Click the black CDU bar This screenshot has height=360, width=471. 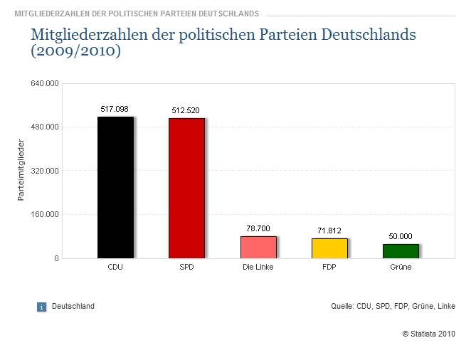click(x=115, y=187)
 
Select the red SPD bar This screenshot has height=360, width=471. click(x=186, y=188)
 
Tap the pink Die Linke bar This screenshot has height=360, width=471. click(x=258, y=247)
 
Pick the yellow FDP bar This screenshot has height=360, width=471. click(x=329, y=248)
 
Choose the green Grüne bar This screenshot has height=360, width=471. click(x=401, y=251)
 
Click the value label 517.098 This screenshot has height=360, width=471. click(x=115, y=109)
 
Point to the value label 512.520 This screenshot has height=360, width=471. click(x=186, y=110)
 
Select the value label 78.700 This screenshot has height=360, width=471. click(x=258, y=228)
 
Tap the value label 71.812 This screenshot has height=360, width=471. click(x=329, y=231)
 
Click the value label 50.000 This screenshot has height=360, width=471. click(x=401, y=236)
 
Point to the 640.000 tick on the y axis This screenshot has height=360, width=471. click(x=44, y=84)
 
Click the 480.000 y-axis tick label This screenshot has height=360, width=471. click(x=44, y=127)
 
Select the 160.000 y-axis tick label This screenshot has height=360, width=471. click(x=44, y=214)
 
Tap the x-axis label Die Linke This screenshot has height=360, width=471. click(x=258, y=268)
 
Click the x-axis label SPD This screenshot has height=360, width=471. click(x=186, y=268)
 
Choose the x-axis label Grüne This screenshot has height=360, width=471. click(x=401, y=268)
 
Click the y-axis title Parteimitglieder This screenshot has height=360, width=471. click(x=21, y=171)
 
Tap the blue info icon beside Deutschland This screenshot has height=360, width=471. click(x=41, y=307)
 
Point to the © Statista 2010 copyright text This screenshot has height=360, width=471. click(x=428, y=333)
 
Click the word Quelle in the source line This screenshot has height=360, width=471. click(x=342, y=307)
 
